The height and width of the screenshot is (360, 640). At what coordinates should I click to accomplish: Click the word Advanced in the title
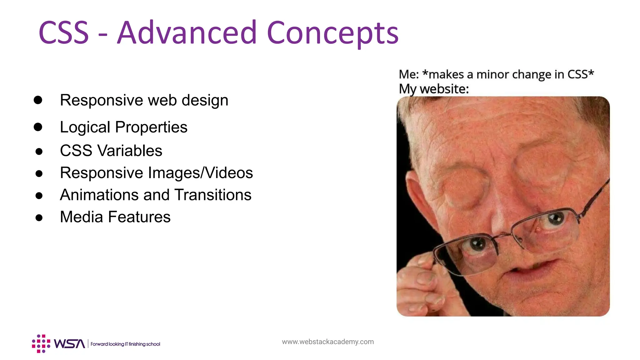[x=187, y=32]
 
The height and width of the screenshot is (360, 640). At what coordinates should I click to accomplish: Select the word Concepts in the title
[x=332, y=33]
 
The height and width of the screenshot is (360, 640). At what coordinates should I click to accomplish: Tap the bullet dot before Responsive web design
[x=38, y=100]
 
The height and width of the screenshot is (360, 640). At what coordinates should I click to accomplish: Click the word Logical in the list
[x=85, y=127]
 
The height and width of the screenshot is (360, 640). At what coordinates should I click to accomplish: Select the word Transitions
[x=213, y=195]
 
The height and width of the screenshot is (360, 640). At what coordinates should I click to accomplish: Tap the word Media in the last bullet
[x=81, y=217]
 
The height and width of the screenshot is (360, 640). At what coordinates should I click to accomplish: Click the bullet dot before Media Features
[x=39, y=217]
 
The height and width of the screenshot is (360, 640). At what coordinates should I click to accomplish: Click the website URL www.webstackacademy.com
[x=328, y=342]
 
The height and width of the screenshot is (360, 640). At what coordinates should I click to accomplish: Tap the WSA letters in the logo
[x=69, y=344]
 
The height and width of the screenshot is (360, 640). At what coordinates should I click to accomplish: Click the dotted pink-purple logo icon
[x=41, y=344]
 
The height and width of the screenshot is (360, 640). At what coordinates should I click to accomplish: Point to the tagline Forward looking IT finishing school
[x=125, y=344]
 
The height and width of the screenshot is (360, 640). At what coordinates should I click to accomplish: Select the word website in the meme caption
[x=444, y=89]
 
